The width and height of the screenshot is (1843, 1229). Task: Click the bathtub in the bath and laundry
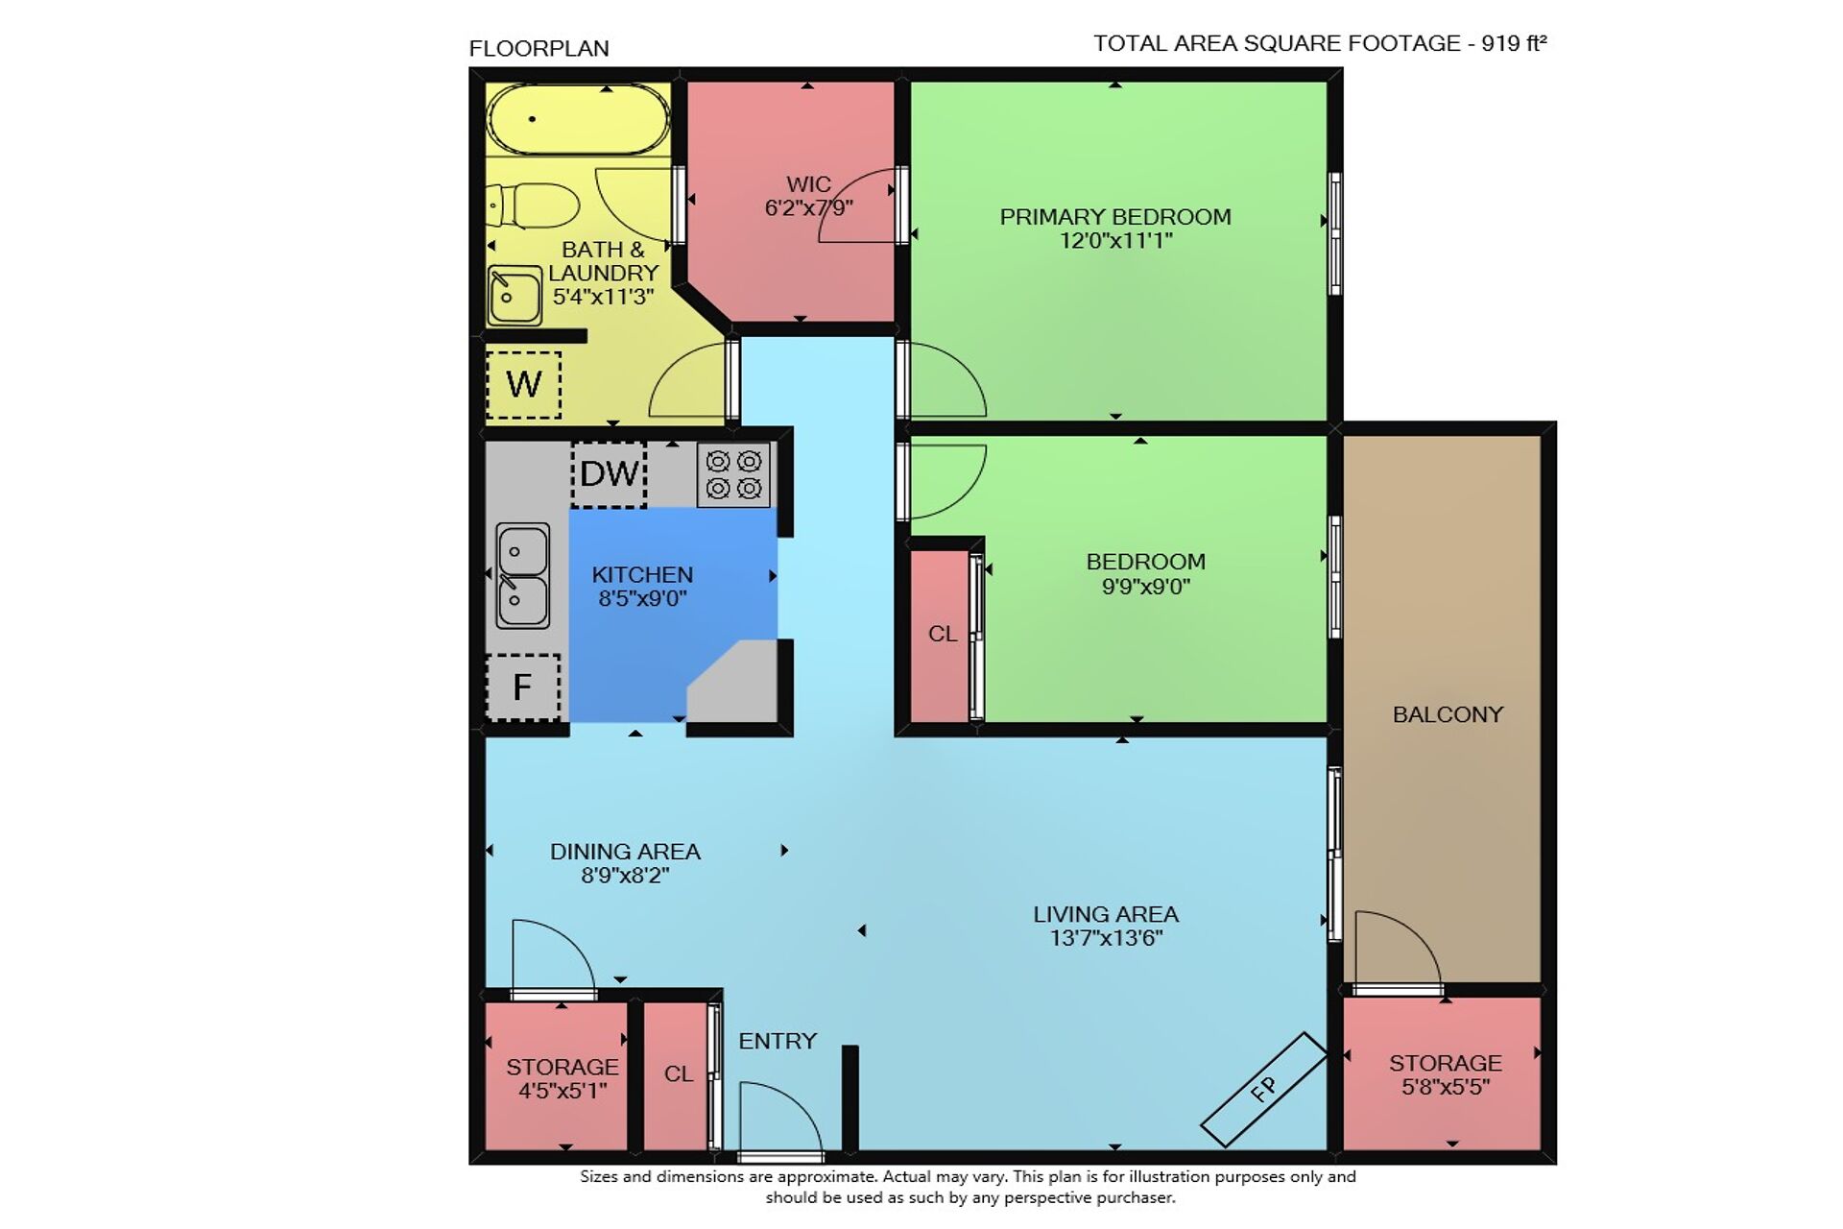578,119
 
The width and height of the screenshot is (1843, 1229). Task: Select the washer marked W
523,385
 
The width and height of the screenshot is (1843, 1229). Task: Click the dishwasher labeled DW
609,474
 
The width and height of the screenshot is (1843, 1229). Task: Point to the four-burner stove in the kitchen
733,474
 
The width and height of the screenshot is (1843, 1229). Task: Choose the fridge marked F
523,687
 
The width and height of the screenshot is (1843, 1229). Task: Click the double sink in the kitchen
523,576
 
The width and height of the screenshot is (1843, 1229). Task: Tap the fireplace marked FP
1264,1089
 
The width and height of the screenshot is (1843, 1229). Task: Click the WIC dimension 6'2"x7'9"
808,207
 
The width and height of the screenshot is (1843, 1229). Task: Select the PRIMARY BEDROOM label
1115,217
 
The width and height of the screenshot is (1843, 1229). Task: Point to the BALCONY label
1448,714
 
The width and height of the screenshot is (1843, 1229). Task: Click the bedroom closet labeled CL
943,634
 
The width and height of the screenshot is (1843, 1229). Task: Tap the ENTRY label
778,1041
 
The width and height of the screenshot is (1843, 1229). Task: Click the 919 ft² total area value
1514,43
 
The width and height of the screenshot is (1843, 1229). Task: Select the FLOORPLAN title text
539,48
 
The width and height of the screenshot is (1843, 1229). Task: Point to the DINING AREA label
625,852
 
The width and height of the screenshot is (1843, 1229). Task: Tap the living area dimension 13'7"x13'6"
1106,938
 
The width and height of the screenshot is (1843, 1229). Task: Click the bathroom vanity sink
515,295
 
